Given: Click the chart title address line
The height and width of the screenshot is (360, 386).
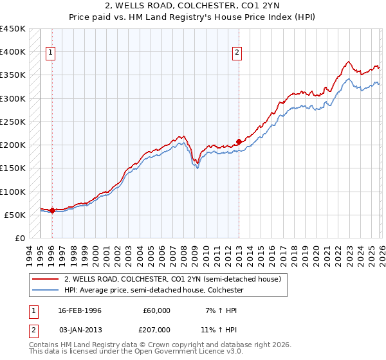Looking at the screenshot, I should pos(192,6).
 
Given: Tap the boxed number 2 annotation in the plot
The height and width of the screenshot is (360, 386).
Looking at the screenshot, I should pos(238,53).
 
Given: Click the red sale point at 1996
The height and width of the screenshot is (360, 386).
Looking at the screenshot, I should pos(52,210).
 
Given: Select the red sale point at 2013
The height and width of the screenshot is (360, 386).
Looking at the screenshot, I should pos(239,141).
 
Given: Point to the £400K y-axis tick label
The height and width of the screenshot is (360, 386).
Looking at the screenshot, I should pos(13,52).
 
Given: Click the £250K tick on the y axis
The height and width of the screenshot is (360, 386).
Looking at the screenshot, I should pos(13,122).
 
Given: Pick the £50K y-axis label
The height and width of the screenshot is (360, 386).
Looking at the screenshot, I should pos(15,215).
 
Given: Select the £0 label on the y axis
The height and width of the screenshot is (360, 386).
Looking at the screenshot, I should pos(21,239).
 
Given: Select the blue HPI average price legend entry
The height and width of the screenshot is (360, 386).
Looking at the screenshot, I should pos(154,291).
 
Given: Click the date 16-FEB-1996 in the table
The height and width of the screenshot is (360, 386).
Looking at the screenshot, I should pos(79,310).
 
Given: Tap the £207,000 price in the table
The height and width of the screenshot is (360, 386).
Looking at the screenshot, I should pos(156,328).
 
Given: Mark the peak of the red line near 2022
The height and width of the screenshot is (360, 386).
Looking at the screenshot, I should pos(348,62).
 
